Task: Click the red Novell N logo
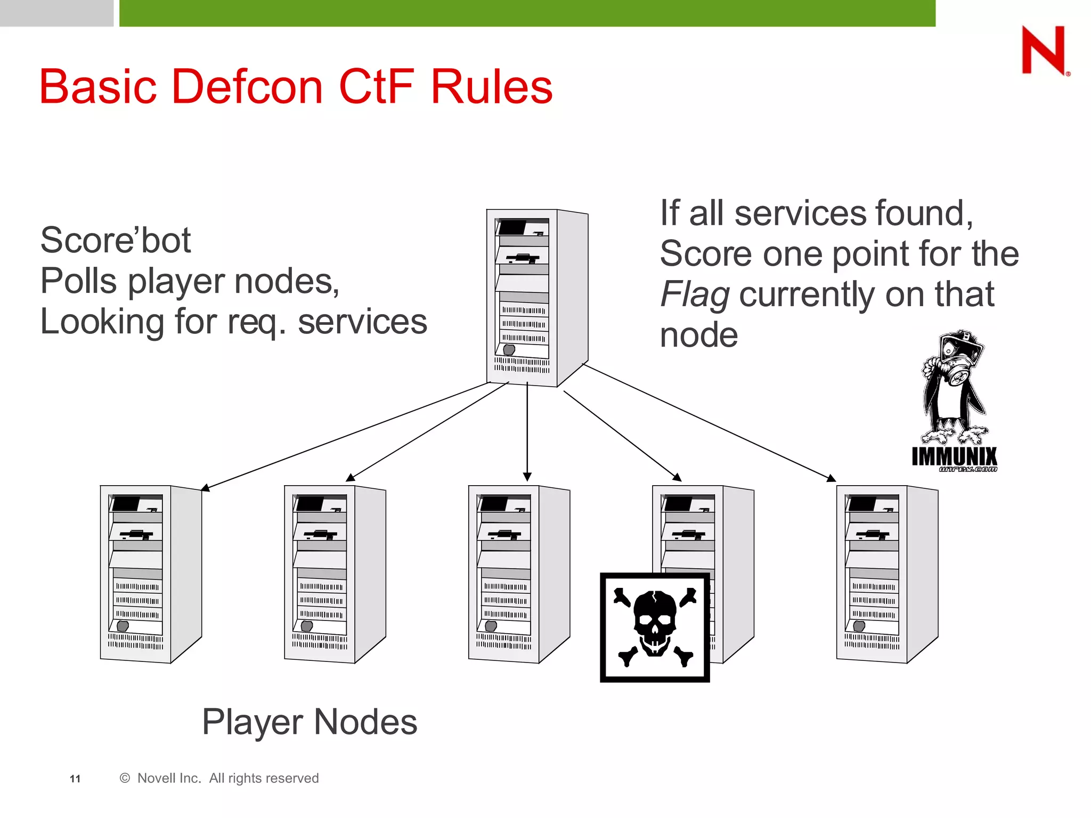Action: click(1044, 51)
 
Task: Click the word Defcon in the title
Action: click(247, 86)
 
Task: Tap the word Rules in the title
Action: click(491, 86)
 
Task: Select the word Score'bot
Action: click(115, 240)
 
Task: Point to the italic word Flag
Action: click(694, 295)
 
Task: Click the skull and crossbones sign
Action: click(655, 627)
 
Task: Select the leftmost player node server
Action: click(150, 574)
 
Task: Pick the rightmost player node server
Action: click(886, 574)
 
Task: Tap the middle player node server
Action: click(518, 574)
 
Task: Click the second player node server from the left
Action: click(334, 574)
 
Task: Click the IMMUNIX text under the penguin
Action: click(954, 456)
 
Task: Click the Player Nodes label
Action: click(310, 722)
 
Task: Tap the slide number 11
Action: click(75, 779)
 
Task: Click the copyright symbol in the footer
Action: click(125, 778)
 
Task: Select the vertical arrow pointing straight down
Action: click(527, 431)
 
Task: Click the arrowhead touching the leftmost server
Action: click(205, 487)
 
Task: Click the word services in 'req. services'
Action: click(362, 322)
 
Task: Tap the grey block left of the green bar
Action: click(56, 13)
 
